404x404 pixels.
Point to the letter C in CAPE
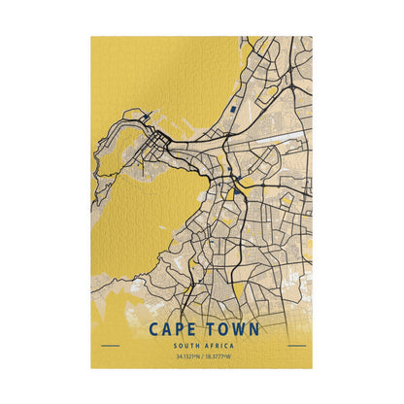[154, 330]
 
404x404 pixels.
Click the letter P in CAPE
[178, 330]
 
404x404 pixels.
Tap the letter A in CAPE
[166, 330]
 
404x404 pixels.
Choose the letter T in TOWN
[208, 330]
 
